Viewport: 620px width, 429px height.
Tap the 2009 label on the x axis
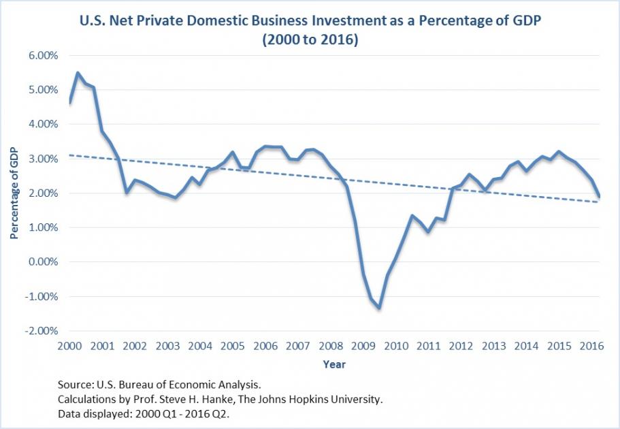362,346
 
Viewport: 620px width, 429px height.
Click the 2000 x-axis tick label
69,346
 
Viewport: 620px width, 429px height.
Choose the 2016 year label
590,346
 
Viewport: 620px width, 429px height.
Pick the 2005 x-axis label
232,346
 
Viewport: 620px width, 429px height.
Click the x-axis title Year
333,364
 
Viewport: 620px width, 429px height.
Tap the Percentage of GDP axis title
14,193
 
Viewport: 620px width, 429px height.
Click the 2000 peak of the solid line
78,72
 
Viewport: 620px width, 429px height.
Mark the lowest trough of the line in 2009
379,308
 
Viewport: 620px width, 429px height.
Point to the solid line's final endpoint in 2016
599,197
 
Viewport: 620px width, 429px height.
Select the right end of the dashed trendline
599,202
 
